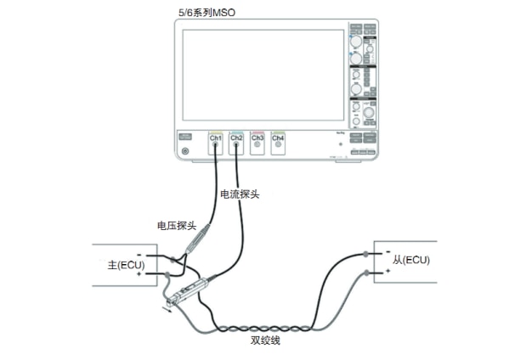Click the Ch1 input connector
216,146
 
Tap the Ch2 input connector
236,146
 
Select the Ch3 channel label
257,138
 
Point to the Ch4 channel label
278,138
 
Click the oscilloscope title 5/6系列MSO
204,9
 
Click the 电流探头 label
240,194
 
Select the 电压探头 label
177,226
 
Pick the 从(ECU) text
412,259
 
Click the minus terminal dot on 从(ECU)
367,253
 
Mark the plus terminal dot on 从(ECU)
367,272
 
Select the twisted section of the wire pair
263,328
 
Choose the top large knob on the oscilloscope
355,41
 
